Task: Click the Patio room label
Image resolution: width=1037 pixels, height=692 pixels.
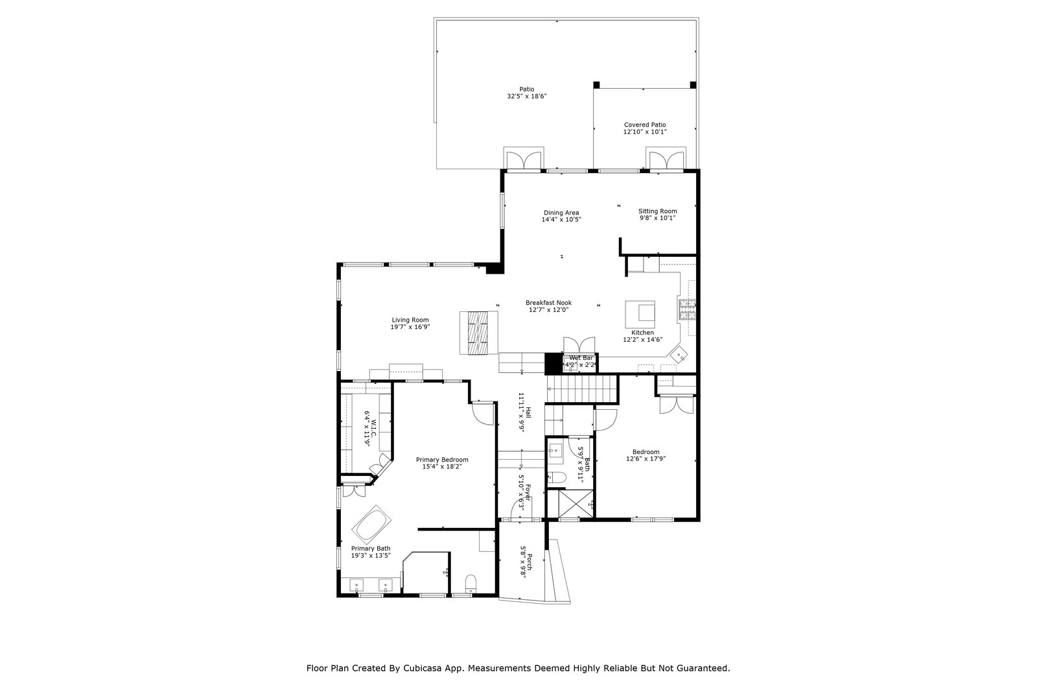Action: pyautogui.click(x=526, y=89)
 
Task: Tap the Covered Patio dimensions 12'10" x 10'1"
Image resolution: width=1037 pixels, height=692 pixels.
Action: pyautogui.click(x=645, y=132)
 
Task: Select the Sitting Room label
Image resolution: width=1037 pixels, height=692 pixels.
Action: pyautogui.click(x=657, y=211)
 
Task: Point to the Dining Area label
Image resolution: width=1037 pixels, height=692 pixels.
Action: pyautogui.click(x=561, y=213)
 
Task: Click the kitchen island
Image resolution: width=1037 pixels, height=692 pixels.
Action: pyautogui.click(x=640, y=315)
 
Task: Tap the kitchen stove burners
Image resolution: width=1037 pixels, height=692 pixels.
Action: pyautogui.click(x=687, y=309)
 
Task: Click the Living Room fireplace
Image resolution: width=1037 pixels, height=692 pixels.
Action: pyautogui.click(x=478, y=333)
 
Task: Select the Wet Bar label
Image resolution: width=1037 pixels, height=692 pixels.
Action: pyautogui.click(x=581, y=358)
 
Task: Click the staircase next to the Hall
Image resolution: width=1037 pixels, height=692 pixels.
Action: pyautogui.click(x=583, y=389)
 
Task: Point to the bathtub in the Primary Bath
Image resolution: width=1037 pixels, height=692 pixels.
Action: pyautogui.click(x=371, y=524)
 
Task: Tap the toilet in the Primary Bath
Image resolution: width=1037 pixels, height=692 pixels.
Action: pyautogui.click(x=471, y=583)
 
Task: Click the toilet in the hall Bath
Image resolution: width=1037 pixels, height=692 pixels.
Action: pyautogui.click(x=557, y=478)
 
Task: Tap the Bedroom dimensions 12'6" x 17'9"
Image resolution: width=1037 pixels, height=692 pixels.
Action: pyautogui.click(x=646, y=459)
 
